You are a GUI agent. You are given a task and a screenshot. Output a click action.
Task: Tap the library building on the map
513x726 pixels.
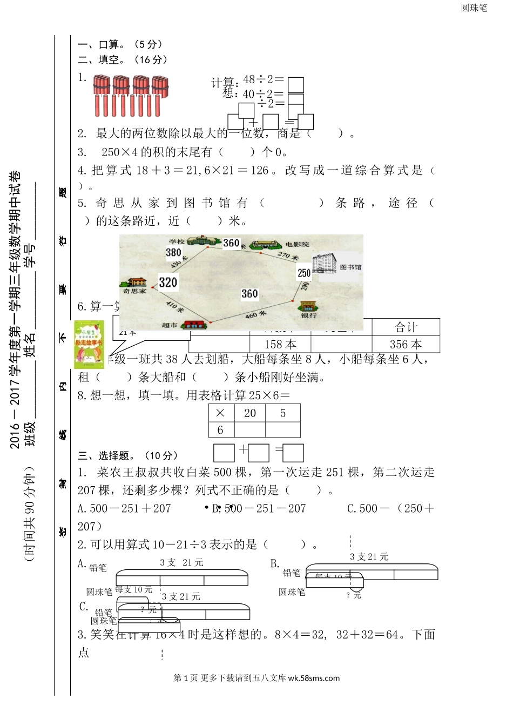tap(325, 264)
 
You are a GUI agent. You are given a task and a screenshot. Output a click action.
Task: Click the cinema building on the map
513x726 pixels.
tap(266, 244)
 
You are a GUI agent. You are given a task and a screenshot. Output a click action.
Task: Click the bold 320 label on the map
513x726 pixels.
tap(168, 282)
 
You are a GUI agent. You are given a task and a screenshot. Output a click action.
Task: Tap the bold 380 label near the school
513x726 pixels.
tap(173, 252)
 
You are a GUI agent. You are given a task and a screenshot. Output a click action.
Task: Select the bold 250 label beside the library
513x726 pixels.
tap(304, 273)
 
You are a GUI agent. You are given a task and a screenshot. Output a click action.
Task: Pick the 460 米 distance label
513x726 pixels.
tap(256, 314)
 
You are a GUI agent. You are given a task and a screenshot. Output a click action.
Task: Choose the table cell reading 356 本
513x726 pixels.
tap(406, 345)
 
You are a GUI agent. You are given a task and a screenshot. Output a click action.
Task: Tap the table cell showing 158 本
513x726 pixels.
tap(280, 345)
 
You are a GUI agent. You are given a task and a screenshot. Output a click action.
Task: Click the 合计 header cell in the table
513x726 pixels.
tap(406, 327)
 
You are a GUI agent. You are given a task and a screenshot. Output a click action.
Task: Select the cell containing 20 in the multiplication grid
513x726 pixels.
tap(250, 413)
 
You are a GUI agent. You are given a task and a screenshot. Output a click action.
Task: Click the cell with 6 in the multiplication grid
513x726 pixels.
tap(220, 430)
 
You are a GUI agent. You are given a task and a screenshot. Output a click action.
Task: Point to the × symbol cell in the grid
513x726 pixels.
tap(220, 413)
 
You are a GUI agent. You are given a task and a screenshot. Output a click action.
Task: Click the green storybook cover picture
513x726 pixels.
tap(89, 344)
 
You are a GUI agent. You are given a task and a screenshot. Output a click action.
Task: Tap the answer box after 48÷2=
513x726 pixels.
tap(295, 85)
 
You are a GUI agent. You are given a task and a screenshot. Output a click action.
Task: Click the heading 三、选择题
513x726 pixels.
tap(127, 455)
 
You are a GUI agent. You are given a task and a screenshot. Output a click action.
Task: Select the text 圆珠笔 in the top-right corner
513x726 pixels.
tap(474, 8)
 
